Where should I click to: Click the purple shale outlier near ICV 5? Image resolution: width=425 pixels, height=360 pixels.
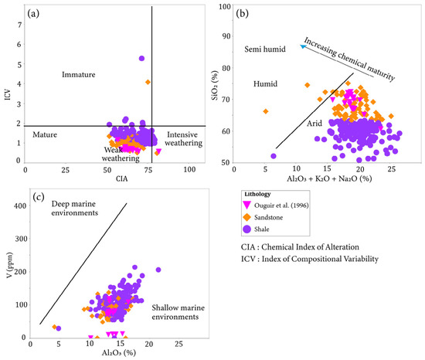pyautogui.click(x=141, y=58)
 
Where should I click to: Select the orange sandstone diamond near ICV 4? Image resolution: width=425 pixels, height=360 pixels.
pyautogui.click(x=148, y=82)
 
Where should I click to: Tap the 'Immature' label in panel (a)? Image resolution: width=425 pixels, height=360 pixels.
pyautogui.click(x=79, y=74)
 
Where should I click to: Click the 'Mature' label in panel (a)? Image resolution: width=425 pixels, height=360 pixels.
pyautogui.click(x=45, y=134)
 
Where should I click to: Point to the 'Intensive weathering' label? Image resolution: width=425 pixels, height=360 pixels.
pyautogui.click(x=183, y=139)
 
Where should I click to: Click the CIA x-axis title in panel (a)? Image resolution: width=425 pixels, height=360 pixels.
pyautogui.click(x=121, y=178)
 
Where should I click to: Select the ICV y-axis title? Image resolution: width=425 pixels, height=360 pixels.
pyautogui.click(x=8, y=94)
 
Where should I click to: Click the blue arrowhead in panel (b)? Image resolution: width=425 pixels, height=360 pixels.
pyautogui.click(x=303, y=46)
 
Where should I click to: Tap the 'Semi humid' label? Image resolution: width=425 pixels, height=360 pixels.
pyautogui.click(x=265, y=49)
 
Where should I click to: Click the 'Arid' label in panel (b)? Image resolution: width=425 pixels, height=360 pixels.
pyautogui.click(x=314, y=124)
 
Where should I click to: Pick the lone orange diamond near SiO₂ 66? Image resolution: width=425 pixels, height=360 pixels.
pyautogui.click(x=266, y=111)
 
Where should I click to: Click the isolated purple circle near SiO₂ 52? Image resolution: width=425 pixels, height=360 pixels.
pyautogui.click(x=274, y=156)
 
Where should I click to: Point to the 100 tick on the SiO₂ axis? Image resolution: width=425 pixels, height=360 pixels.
pyautogui.click(x=225, y=6)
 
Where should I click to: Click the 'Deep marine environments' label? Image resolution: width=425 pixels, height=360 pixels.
pyautogui.click(x=75, y=208)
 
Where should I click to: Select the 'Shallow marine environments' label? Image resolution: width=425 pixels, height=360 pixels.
pyautogui.click(x=178, y=312)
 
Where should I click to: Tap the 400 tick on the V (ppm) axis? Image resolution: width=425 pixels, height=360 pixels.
pyautogui.click(x=20, y=205)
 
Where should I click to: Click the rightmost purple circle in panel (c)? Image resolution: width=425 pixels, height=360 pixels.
pyautogui.click(x=158, y=270)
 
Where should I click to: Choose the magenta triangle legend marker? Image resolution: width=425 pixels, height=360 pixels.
pyautogui.click(x=246, y=205)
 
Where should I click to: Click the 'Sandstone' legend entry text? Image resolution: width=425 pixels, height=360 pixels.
pyautogui.click(x=268, y=218)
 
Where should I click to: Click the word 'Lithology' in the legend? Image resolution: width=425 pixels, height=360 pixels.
pyautogui.click(x=257, y=194)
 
